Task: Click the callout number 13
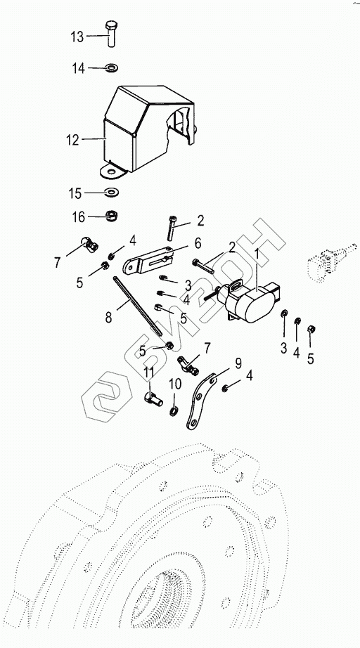tap(77, 37)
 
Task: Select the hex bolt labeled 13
tap(111, 33)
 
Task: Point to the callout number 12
tap(72, 140)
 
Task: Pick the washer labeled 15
tap(111, 193)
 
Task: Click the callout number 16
tap(79, 217)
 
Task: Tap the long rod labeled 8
tap(136, 306)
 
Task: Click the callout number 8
tap(108, 318)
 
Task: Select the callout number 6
tap(198, 243)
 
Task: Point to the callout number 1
tap(257, 253)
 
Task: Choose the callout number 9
tap(238, 363)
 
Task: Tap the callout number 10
tap(175, 384)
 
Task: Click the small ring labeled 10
tap(174, 411)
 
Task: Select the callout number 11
tap(149, 372)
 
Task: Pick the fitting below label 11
tap(153, 398)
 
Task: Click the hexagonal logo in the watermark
tap(106, 396)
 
